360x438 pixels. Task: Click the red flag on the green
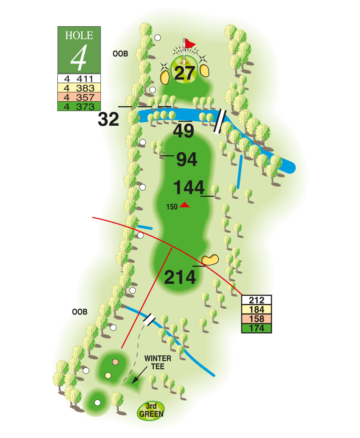190,44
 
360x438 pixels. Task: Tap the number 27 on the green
185,73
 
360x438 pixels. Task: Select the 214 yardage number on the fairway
180,277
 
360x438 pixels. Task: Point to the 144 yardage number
188,188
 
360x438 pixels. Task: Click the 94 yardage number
186,159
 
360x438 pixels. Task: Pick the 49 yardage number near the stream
184,131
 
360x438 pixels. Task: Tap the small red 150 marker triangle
184,205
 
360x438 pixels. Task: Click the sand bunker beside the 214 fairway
210,259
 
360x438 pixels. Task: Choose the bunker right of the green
205,70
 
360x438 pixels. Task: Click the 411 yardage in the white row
85,79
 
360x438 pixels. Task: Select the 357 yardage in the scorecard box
85,97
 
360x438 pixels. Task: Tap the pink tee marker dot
116,362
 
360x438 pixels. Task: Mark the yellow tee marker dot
108,376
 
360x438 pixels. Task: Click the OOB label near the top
120,54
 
